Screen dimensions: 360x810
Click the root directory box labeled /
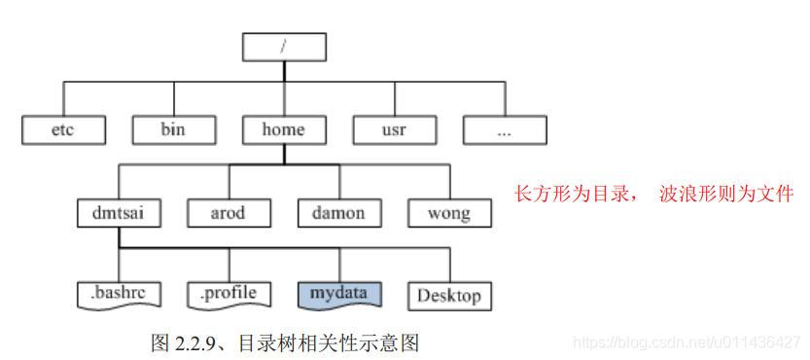click(284, 46)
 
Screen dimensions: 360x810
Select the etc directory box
click(62, 129)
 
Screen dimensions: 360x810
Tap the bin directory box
click(173, 129)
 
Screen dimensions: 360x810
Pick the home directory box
click(284, 129)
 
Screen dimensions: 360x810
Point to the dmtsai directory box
click(118, 212)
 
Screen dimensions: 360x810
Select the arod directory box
click(229, 212)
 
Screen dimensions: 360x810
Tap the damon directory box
click(338, 212)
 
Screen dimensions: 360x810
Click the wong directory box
click(448, 212)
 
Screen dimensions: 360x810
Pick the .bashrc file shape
click(118, 293)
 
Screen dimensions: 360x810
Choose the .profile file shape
click(229, 293)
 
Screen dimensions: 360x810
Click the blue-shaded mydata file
click(338, 293)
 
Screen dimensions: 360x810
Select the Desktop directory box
click(448, 295)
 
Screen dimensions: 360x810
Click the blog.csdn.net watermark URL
click(687, 342)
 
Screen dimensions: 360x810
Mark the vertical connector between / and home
click(284, 88)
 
